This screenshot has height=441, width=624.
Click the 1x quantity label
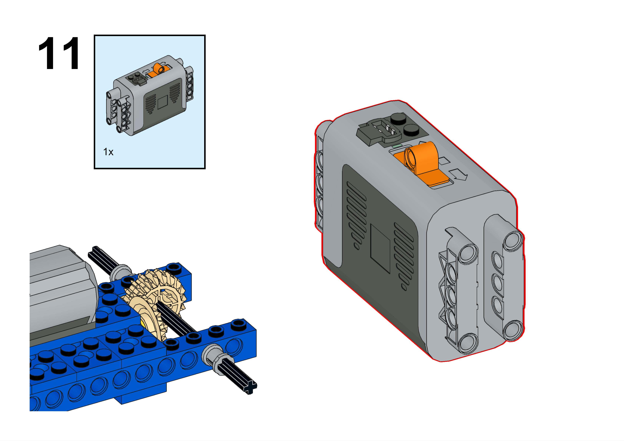(108, 152)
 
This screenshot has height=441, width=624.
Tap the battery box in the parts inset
(150, 95)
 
